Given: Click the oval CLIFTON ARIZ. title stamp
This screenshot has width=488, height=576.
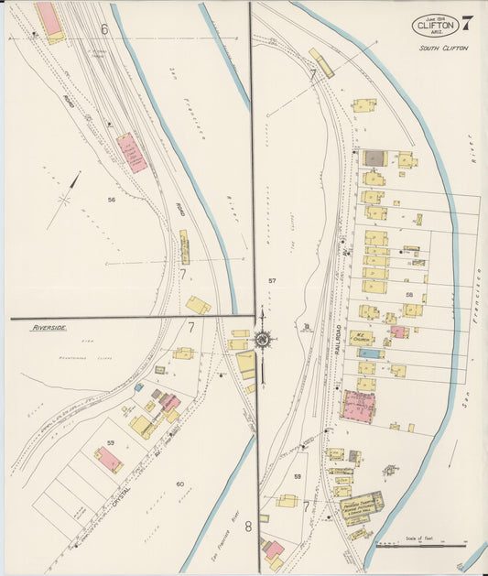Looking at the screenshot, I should click(435, 26).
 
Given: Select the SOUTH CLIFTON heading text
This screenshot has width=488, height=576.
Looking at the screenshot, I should click(443, 48).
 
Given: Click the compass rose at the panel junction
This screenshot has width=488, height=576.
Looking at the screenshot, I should click(263, 340).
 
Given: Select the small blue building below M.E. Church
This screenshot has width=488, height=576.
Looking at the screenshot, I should click(369, 353).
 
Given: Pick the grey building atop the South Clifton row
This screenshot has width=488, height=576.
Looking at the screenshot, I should click(374, 158).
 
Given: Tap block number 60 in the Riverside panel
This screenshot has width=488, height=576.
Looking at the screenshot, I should click(179, 484).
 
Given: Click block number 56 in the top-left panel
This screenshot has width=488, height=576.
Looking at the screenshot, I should click(111, 200).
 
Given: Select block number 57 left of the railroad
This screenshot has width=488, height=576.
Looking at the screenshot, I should click(272, 279).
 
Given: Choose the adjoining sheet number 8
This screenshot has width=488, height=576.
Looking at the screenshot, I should click(247, 527).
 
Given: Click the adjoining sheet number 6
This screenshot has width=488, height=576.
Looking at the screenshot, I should click(104, 30).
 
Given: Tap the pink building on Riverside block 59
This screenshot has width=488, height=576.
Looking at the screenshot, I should click(108, 460).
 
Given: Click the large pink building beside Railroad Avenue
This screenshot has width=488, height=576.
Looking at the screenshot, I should click(359, 406).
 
